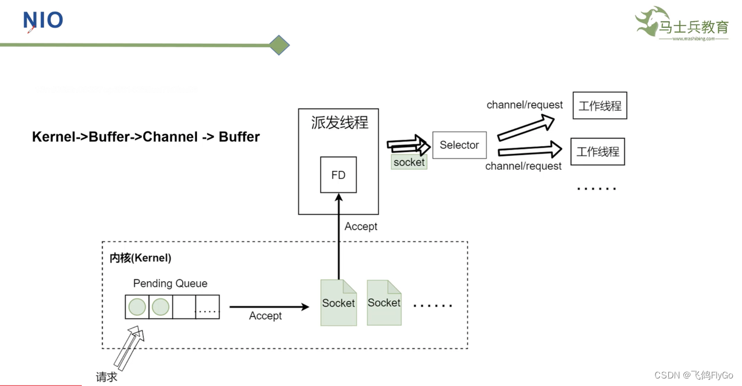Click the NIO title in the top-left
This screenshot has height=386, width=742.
pos(43,20)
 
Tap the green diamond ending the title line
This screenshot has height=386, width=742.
pos(279,45)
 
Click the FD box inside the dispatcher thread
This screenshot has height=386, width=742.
pos(338,175)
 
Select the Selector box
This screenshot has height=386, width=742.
pos(459,145)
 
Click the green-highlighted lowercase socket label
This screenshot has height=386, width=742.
pos(409,162)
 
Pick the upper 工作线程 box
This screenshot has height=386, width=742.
pos(599,105)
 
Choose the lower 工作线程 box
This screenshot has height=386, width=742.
pos(598,151)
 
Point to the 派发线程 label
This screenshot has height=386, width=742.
pos(339,123)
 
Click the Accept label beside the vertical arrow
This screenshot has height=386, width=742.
pos(361,227)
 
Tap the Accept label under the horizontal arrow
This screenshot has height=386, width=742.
pos(265,316)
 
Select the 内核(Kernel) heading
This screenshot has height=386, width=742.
pos(140,258)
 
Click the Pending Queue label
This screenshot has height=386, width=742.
pos(170,283)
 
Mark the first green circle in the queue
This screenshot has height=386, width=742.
pos(137,307)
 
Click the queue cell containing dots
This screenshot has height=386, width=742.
pos(208,307)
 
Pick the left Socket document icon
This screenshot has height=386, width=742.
pos(339,303)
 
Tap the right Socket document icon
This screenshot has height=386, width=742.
pos(384,303)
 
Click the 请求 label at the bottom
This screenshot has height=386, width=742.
pos(107,377)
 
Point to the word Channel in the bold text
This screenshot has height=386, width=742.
pos(169,137)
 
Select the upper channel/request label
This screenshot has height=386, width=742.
pos(524,105)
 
